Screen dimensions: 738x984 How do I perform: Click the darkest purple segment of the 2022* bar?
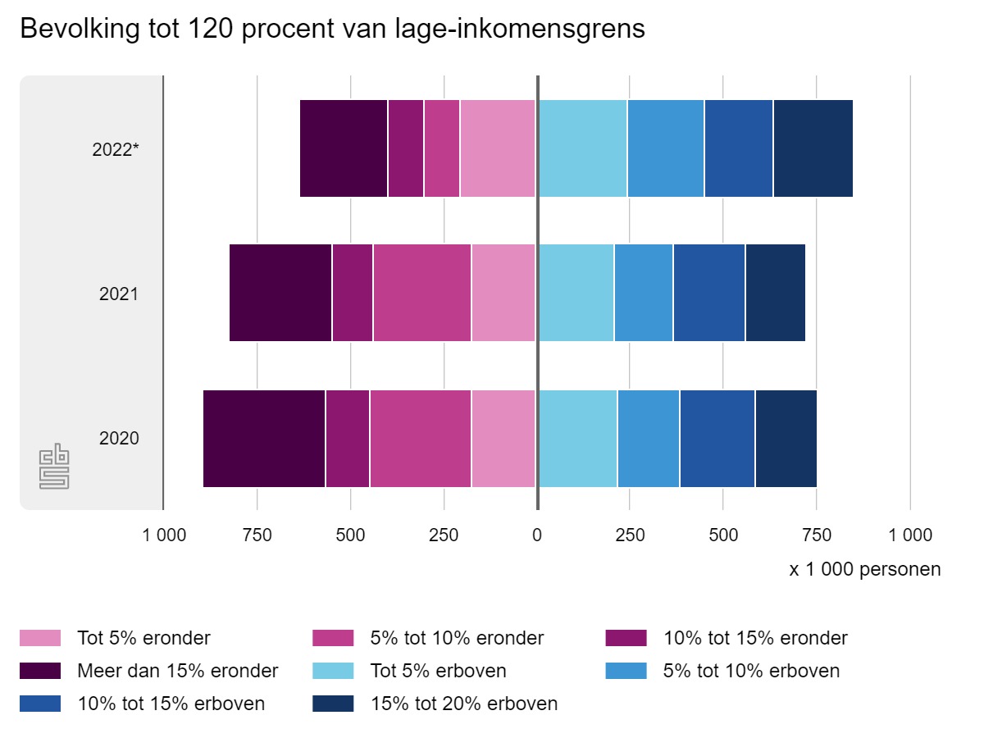click(344, 148)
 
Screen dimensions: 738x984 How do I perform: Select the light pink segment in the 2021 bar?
click(503, 293)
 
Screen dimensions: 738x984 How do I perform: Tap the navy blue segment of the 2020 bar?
click(786, 439)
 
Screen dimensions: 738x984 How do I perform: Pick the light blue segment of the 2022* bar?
click(582, 148)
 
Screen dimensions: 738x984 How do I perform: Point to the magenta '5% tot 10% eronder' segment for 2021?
click(421, 293)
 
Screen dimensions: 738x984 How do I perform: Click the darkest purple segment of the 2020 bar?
click(264, 439)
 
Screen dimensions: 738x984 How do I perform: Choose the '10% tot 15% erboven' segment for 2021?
click(708, 293)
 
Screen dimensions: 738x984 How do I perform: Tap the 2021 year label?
click(119, 294)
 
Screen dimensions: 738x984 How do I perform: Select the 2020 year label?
click(119, 439)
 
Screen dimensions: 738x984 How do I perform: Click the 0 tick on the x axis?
click(537, 535)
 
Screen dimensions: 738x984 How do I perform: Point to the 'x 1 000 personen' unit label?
click(865, 569)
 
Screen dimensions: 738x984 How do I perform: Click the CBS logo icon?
click(54, 468)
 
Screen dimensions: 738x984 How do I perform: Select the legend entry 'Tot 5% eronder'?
click(143, 638)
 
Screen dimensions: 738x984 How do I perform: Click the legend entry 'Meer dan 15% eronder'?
click(177, 671)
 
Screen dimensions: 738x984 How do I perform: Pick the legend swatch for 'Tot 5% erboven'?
click(333, 671)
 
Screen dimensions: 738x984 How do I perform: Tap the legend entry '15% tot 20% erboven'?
click(464, 704)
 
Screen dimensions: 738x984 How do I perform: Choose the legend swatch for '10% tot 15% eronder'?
click(626, 638)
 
